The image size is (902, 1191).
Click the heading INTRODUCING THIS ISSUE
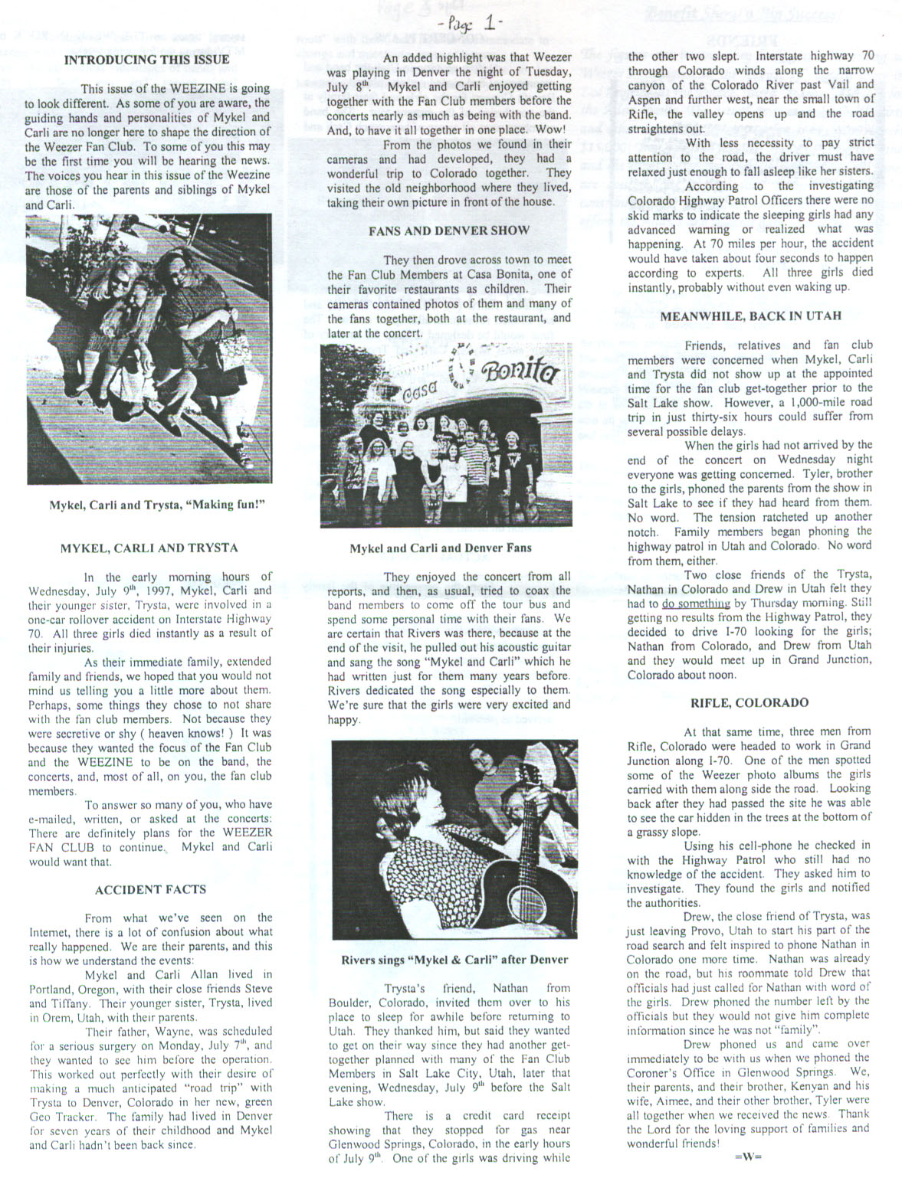146,59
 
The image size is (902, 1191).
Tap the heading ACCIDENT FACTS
150,889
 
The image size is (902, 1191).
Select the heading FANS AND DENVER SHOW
449,230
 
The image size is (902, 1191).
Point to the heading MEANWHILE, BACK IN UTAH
750,316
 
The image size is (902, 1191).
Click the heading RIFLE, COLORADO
749,702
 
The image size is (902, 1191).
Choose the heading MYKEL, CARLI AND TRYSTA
149,548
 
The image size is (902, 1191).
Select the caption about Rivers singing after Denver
455,959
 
